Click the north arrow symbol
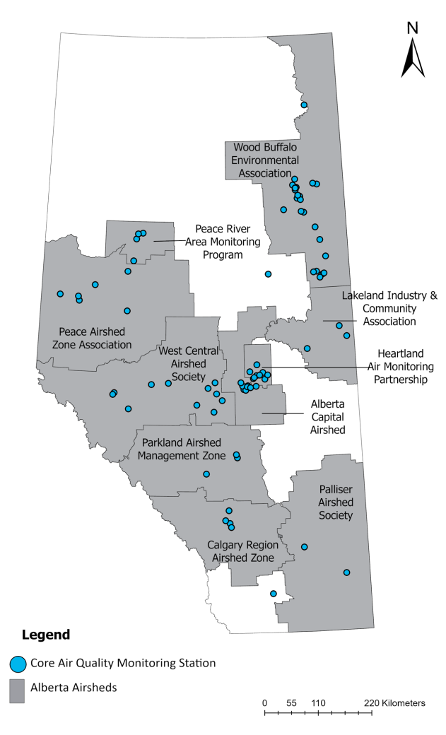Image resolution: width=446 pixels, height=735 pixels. (413, 57)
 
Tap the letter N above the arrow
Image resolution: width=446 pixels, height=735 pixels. (413, 28)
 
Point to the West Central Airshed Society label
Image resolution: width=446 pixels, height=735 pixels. (182, 363)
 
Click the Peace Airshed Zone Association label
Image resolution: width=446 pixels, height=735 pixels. (95, 338)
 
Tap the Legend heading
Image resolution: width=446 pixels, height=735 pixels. (46, 634)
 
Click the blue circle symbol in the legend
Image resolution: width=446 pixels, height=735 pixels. (18, 663)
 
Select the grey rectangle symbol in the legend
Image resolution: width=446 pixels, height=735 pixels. (18, 691)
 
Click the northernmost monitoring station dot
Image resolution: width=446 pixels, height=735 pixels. (304, 105)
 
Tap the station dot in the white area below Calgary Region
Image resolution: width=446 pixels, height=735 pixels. (274, 594)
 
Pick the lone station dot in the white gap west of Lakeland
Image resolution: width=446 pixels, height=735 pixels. (268, 274)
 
